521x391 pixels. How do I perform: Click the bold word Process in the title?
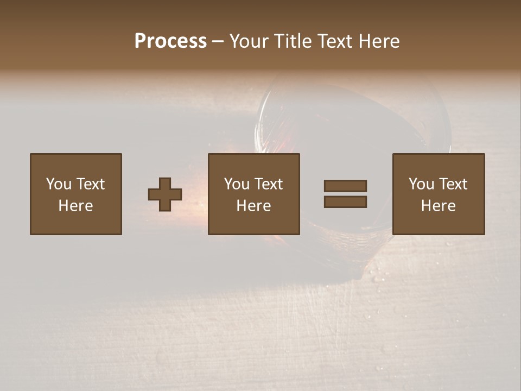170,41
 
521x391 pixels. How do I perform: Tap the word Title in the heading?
294,41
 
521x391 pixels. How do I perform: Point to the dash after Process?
218,42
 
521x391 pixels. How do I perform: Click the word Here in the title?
378,41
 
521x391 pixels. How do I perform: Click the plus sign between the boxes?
165,194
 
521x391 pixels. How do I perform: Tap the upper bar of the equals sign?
345,186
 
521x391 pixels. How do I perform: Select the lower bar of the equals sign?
345,201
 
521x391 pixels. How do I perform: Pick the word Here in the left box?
75,206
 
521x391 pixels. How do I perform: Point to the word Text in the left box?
90,184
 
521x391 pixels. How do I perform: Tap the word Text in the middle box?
268,184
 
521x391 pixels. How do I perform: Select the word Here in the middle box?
253,206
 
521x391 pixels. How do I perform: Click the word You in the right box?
421,184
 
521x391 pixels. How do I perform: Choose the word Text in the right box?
452,184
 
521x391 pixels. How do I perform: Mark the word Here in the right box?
438,206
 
